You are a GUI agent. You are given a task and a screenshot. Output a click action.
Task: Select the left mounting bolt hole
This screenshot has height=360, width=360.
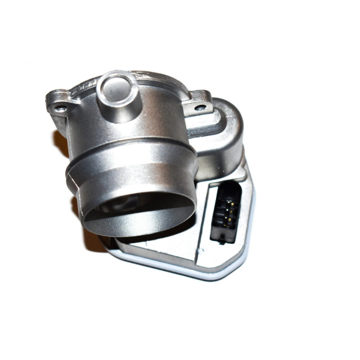[60, 109]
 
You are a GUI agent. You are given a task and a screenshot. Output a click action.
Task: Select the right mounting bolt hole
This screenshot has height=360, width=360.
[200, 107]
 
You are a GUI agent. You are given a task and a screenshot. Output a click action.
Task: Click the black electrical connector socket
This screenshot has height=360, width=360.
[225, 212]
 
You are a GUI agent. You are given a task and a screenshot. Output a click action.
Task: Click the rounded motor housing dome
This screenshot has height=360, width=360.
[227, 130]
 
